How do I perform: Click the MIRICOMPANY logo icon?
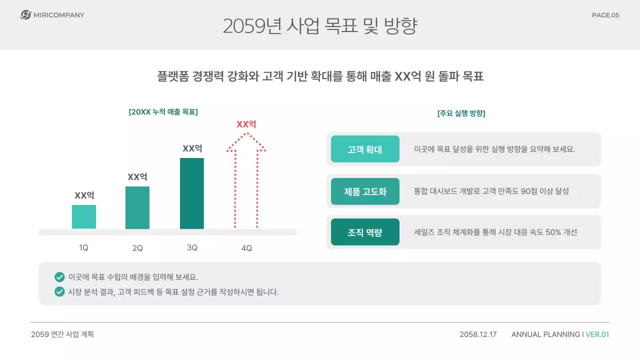[26, 15]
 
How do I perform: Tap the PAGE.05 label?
[605, 15]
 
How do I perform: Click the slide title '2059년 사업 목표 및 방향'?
[320, 26]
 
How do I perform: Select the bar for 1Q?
[84, 217]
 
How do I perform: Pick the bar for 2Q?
[137, 207]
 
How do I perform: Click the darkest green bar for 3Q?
[192, 193]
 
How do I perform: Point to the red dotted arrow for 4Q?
[246, 185]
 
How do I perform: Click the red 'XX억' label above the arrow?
[246, 124]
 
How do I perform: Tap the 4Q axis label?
[246, 248]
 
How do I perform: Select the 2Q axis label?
[137, 248]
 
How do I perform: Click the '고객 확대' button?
[365, 149]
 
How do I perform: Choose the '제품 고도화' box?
[365, 191]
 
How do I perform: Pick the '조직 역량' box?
[365, 232]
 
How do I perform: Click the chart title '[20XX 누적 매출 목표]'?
[163, 112]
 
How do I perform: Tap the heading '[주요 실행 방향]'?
[461, 113]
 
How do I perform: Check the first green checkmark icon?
[59, 277]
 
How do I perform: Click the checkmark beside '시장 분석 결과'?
[59, 291]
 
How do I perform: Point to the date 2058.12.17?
[478, 334]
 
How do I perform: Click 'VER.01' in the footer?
[597, 334]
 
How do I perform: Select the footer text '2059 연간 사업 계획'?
[62, 334]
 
